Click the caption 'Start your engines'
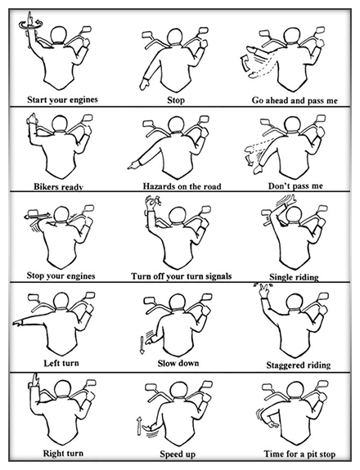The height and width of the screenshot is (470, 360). coord(62,100)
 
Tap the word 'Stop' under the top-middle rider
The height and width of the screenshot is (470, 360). coord(176,100)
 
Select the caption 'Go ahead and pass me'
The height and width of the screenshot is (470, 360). coord(295,101)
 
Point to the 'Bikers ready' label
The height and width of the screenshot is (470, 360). coord(58,186)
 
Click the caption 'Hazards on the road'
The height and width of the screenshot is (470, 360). coord(182,186)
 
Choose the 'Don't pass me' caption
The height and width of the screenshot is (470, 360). coord(295,186)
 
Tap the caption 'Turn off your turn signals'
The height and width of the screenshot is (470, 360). coord(181,276)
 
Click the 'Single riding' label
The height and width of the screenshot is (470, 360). coord(294,277)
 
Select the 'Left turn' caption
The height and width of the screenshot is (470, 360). coord(61,363)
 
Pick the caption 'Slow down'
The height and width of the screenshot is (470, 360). coord(178,363)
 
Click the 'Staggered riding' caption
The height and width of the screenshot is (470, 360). coord(299,365)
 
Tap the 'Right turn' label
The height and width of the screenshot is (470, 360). coord(63,453)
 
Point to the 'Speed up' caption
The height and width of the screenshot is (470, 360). coord(178,454)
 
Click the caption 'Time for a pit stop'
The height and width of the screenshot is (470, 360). coord(299,454)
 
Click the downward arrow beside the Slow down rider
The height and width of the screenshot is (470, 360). coord(142,345)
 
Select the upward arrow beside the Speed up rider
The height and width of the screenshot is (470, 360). coord(139,426)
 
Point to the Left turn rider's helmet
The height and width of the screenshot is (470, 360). coord(61,301)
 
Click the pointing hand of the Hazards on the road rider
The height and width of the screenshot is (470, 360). coord(133,165)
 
